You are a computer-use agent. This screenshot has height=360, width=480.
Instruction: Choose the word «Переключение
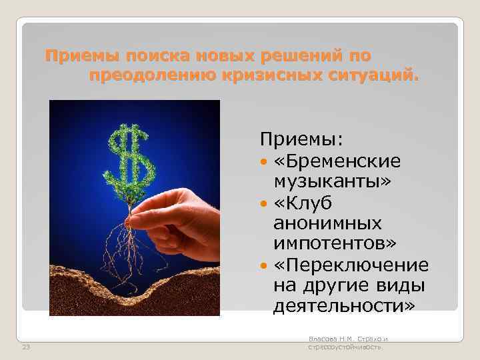[351, 266]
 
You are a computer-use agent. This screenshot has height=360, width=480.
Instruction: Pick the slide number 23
[26, 346]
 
